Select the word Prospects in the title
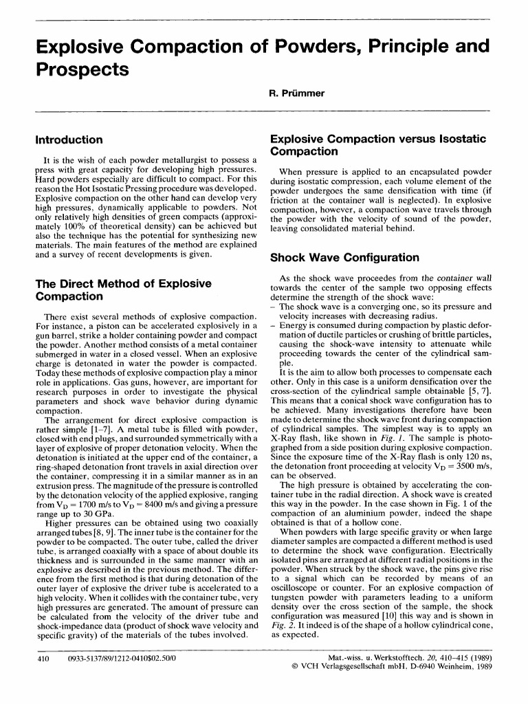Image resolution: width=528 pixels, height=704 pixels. click(x=82, y=69)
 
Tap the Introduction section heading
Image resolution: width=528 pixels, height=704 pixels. click(x=69, y=140)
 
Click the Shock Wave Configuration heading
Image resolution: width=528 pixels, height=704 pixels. click(x=344, y=258)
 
